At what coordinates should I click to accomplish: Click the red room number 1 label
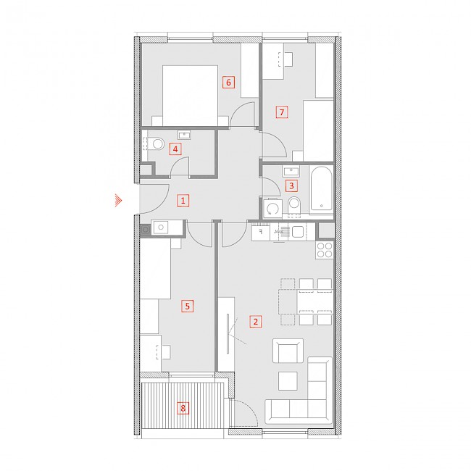(x=183, y=200)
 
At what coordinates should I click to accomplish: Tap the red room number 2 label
(x=256, y=322)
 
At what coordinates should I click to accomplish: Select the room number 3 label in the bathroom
(x=291, y=186)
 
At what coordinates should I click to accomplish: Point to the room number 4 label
(x=175, y=149)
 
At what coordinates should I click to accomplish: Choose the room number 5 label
(x=188, y=306)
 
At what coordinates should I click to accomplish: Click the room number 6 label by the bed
(x=228, y=82)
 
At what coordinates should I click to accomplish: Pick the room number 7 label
(x=282, y=112)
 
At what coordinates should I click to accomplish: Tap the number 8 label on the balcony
(x=183, y=408)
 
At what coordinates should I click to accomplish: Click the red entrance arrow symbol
(x=118, y=200)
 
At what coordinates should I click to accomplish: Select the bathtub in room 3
(x=322, y=188)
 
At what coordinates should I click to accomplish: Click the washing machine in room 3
(x=272, y=208)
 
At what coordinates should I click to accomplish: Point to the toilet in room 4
(x=154, y=143)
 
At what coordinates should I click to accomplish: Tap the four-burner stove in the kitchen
(x=325, y=250)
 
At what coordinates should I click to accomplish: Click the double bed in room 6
(x=190, y=96)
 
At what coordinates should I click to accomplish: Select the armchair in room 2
(x=288, y=351)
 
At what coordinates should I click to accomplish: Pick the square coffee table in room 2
(x=288, y=381)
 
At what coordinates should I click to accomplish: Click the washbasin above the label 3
(x=291, y=172)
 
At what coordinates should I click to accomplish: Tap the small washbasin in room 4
(x=184, y=135)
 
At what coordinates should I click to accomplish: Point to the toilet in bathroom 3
(x=294, y=206)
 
